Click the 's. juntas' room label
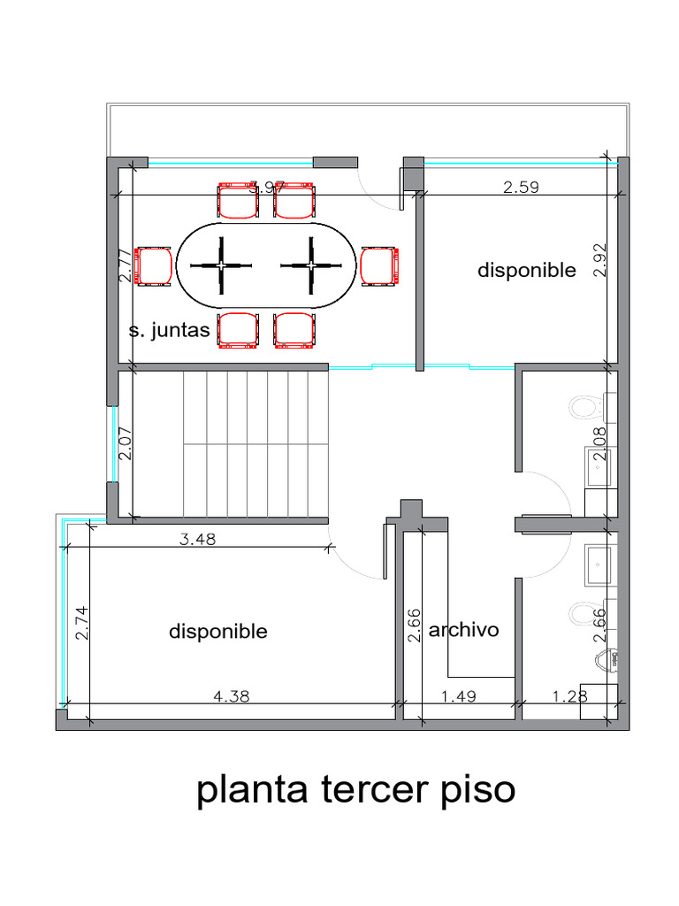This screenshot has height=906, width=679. pos(169,331)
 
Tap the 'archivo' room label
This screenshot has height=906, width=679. pos(463,630)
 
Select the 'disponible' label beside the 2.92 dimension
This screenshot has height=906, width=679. pos(526,270)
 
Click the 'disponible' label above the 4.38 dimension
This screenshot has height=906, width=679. pos(217,631)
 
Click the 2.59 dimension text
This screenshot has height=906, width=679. pos(521,187)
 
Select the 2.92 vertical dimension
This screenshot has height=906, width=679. pos(601,262)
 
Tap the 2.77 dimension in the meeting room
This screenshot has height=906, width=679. pos(125,265)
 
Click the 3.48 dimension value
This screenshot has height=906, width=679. pos(198,538)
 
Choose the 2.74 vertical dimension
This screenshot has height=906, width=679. pos(82,623)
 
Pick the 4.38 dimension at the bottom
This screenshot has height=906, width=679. pos(232,696)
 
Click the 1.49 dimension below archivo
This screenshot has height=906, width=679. pos(458,696)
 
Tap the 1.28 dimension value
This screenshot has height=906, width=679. pos(569,696)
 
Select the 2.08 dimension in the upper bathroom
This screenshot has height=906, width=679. pos(601,443)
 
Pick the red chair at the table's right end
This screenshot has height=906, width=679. pos(378,266)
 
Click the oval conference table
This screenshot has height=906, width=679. pos(265,265)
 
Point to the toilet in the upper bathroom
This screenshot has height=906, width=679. pos(583,407)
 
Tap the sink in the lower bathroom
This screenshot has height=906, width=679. pos(599,563)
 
